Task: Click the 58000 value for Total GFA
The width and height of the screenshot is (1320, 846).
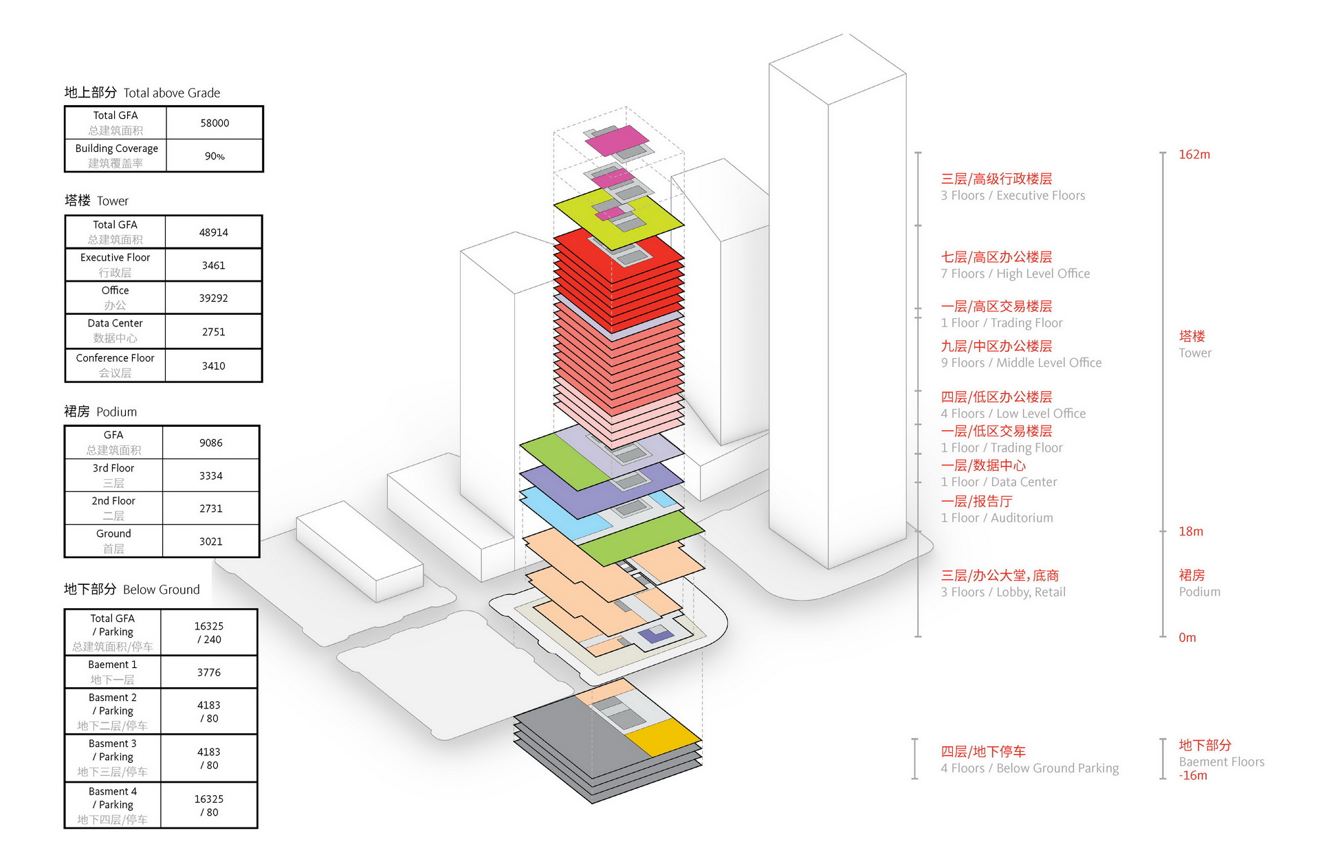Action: click(214, 123)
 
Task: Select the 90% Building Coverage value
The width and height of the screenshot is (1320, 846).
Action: click(214, 156)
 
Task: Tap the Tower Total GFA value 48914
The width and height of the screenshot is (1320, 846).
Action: click(213, 232)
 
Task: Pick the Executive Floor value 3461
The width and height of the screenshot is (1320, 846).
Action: click(213, 265)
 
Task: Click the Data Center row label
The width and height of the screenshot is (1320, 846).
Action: click(115, 331)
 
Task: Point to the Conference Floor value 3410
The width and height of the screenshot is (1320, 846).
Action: click(213, 366)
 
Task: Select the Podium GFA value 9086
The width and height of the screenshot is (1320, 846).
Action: click(210, 443)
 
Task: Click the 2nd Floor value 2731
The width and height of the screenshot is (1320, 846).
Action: click(210, 509)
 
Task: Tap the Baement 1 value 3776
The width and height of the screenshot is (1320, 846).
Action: click(209, 672)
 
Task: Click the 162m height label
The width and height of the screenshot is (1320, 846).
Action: click(1194, 155)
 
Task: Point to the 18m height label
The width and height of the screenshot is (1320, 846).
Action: click(1191, 531)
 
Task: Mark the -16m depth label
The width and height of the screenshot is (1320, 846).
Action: click(1193, 775)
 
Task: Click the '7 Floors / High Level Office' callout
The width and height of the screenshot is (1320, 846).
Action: click(1015, 265)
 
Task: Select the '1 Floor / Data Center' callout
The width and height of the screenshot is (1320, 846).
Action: click(998, 474)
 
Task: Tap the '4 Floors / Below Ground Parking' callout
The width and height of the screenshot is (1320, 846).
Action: click(1029, 760)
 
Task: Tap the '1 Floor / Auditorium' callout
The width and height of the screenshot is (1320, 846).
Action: click(996, 510)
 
